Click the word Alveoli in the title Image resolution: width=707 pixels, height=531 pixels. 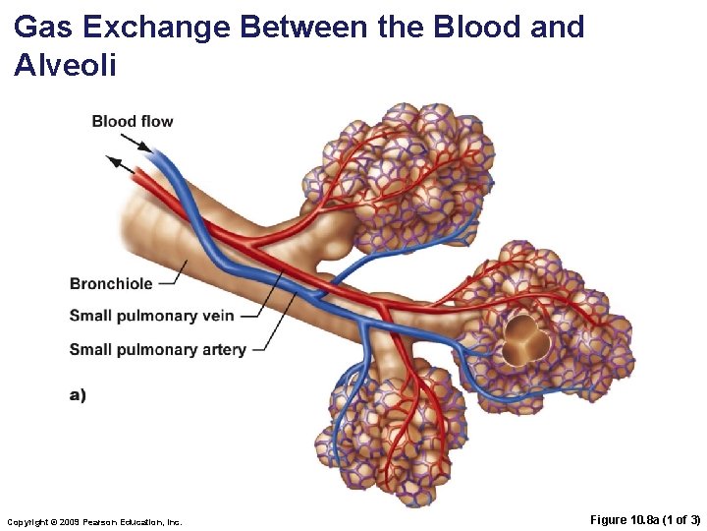[x=65, y=66]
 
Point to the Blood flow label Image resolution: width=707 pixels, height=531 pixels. [x=133, y=122]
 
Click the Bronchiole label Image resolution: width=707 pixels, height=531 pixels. [x=111, y=283]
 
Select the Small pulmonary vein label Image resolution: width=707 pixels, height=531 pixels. [x=150, y=316]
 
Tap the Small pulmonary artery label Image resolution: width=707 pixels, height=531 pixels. [x=157, y=349]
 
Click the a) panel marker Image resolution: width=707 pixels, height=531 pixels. [x=78, y=394]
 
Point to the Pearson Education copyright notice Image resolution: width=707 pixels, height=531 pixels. [x=94, y=520]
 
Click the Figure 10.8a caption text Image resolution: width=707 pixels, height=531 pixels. [x=645, y=519]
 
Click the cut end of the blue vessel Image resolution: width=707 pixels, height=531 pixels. [x=160, y=154]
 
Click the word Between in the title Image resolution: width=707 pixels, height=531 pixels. [x=303, y=27]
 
